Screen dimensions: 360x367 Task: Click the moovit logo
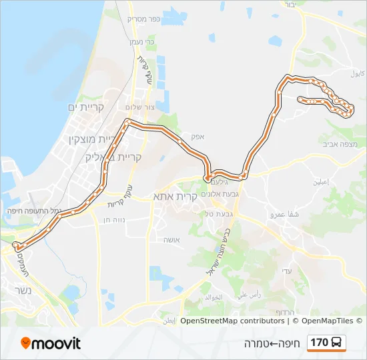[x=51, y=343]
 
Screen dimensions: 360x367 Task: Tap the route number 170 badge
[x=326, y=343]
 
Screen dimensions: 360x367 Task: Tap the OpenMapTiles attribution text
[x=327, y=321]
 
